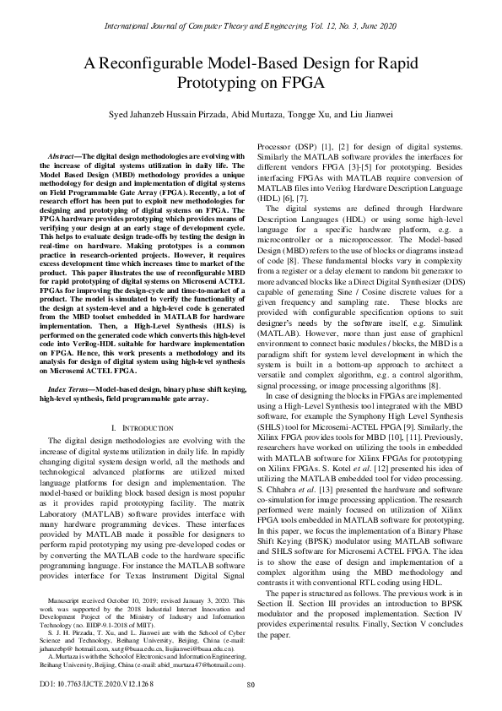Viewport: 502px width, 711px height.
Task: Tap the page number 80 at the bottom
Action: point(251,684)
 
